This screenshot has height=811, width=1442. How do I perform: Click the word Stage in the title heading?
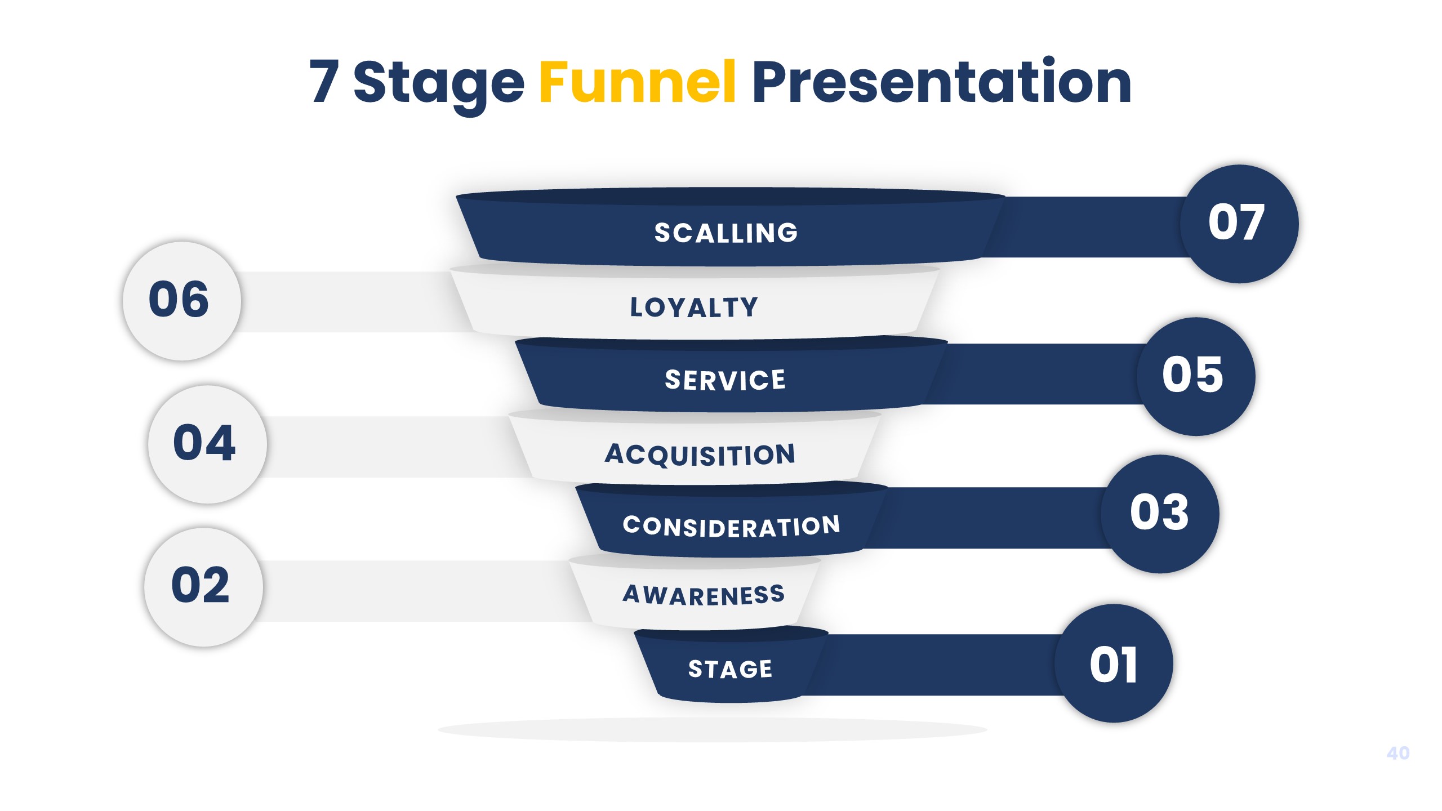pos(438,84)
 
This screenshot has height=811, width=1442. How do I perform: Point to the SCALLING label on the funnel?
pos(726,233)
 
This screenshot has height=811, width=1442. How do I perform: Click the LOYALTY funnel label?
pos(694,308)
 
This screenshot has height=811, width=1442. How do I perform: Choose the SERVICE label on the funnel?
pos(725,380)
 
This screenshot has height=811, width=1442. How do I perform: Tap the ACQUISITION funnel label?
pos(700,454)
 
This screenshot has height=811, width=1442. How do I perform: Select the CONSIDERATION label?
pos(731,526)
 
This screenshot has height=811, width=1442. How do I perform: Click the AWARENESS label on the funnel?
pos(704,595)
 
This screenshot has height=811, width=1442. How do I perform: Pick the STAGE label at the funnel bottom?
pos(730,669)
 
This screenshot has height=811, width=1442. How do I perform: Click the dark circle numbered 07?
pos(1239,224)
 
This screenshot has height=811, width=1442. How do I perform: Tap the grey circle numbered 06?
pos(181,301)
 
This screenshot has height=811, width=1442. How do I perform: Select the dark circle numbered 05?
pos(1195,376)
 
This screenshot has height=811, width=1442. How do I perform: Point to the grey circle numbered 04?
pos(207,444)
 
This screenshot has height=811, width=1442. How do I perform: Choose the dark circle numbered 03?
pos(1160,514)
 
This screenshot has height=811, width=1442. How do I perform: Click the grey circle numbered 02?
pos(203,587)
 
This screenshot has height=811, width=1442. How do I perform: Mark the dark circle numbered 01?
pos(1114,663)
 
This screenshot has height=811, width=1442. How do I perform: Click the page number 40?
pos(1398,753)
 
